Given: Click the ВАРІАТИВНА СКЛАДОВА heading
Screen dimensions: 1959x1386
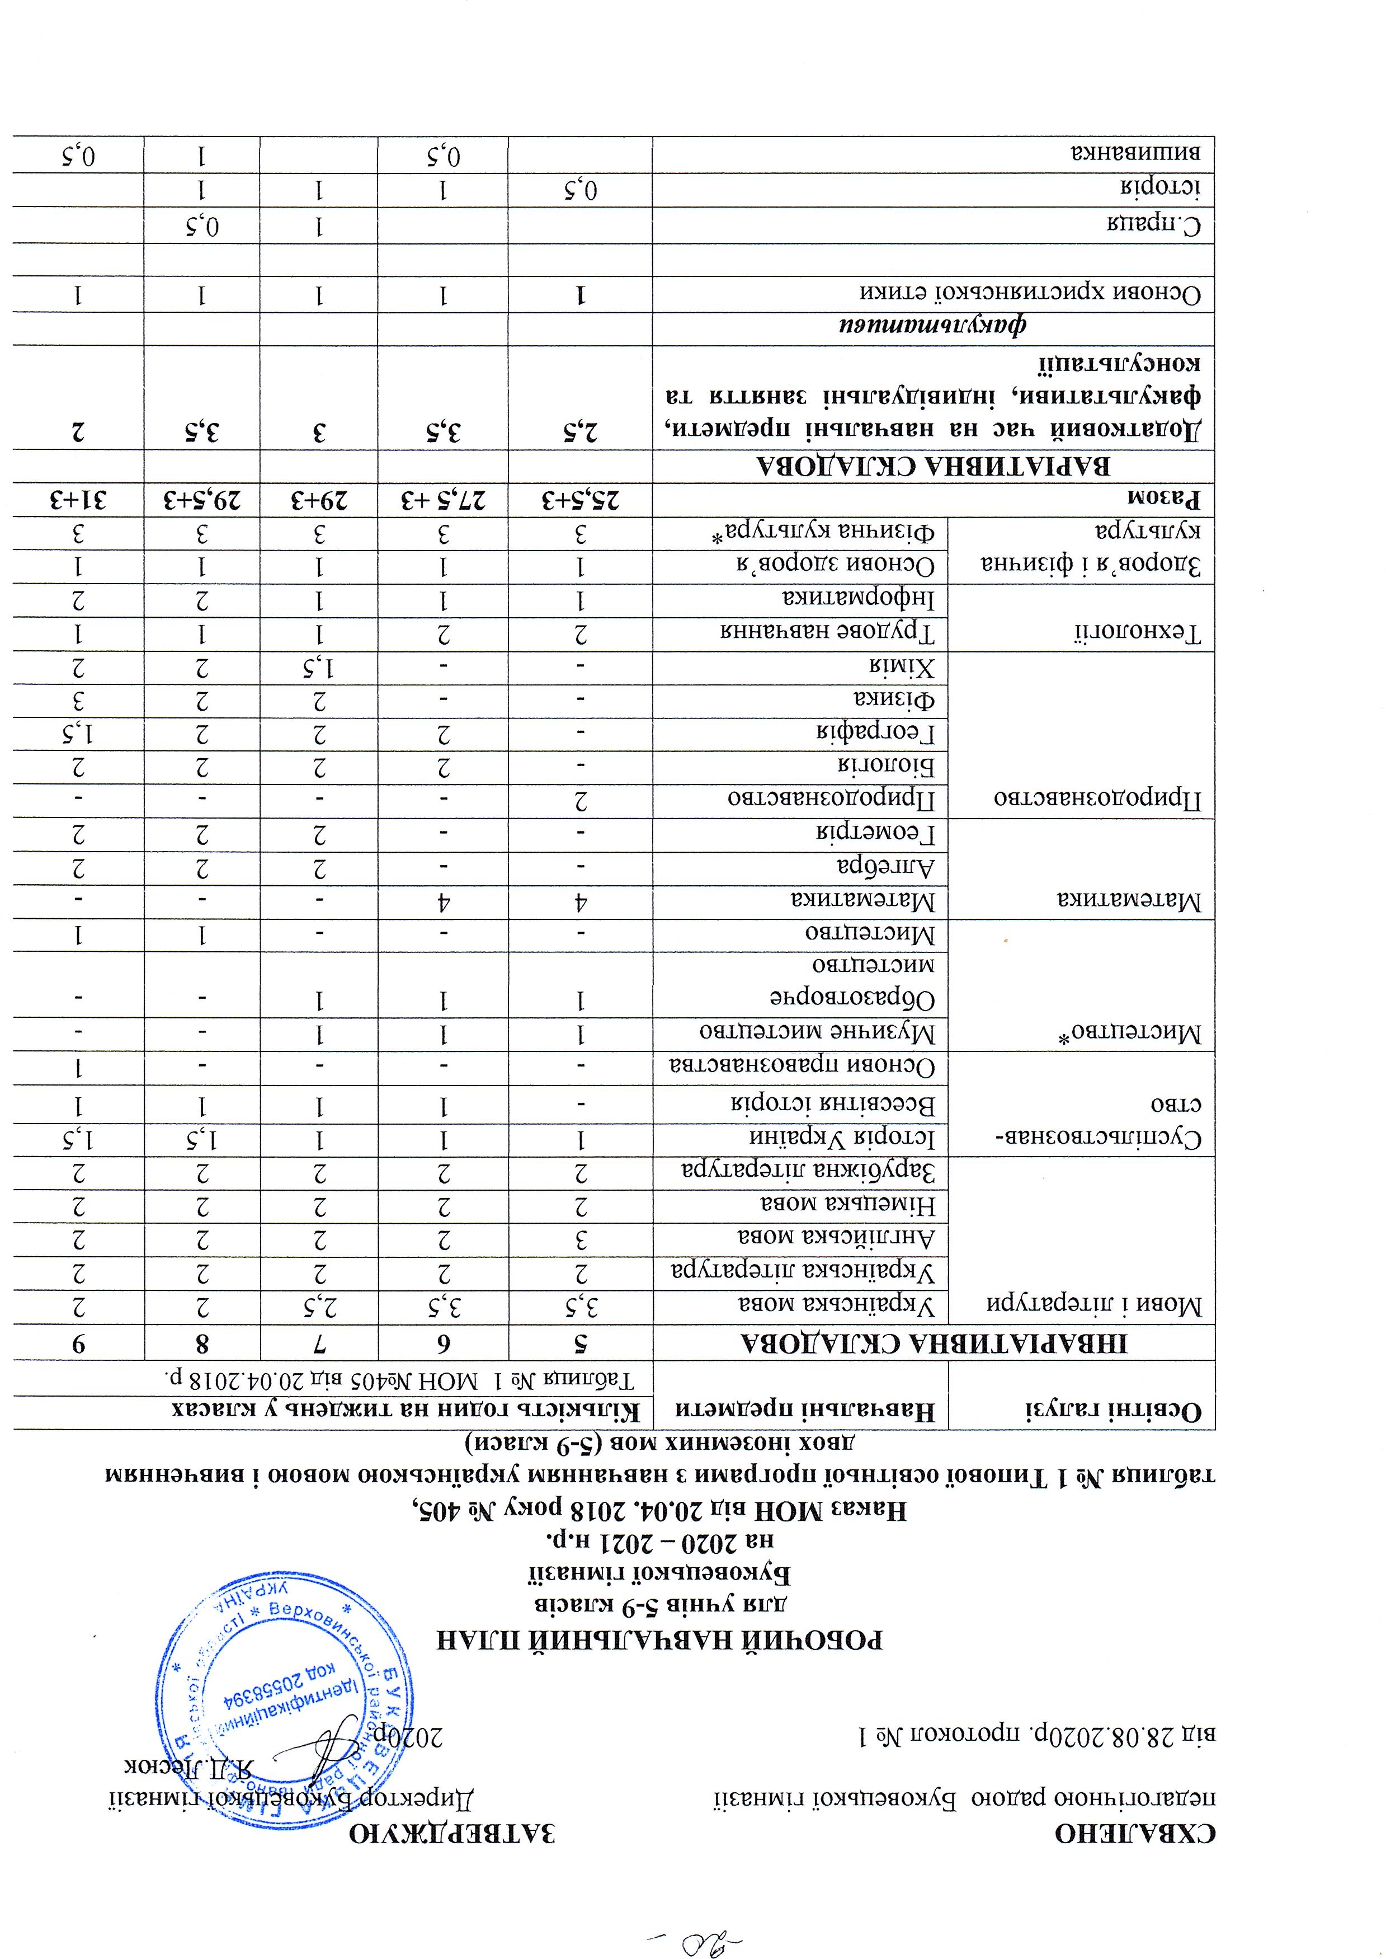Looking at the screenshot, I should point(934,466).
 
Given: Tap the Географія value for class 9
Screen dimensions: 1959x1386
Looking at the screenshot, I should point(78,733).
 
